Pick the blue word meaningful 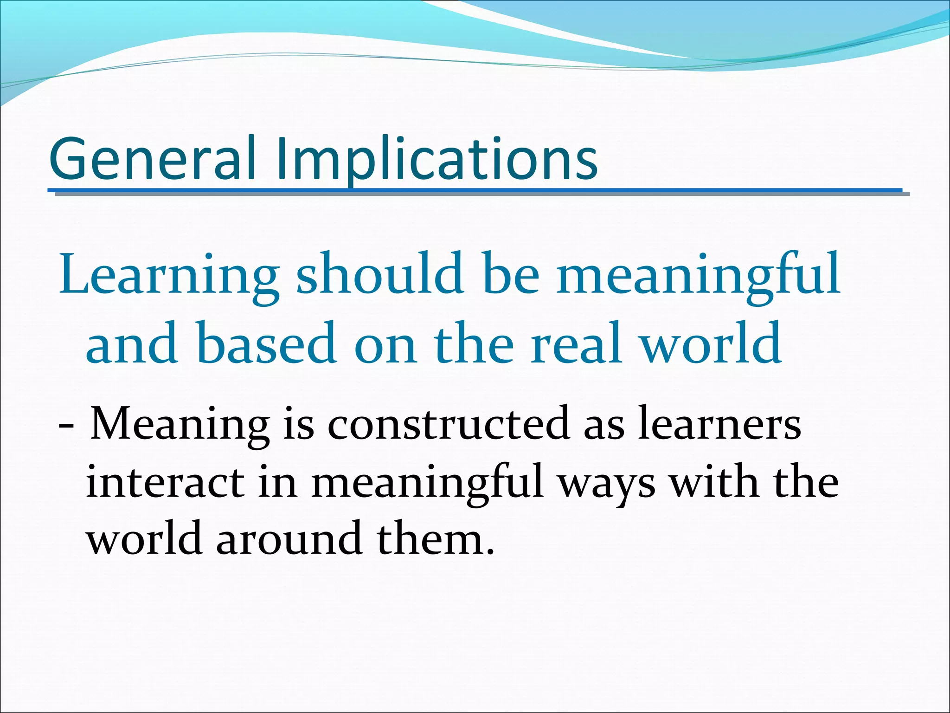click(698, 275)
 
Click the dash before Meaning click(66, 425)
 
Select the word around click(289, 538)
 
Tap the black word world click(144, 538)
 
